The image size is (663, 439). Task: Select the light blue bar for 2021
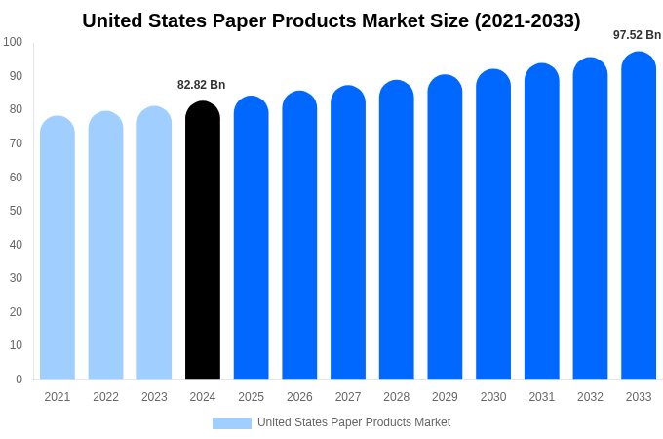click(58, 248)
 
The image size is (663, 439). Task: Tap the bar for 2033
click(639, 216)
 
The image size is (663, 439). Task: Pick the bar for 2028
click(396, 230)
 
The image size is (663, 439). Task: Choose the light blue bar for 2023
click(154, 243)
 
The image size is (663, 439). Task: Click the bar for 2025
click(251, 238)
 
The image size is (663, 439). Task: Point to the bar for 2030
click(493, 224)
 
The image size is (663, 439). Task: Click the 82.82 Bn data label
click(201, 85)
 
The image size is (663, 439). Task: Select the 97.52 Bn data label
click(637, 35)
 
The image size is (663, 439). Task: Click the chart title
click(331, 20)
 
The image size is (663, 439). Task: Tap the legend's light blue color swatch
click(232, 423)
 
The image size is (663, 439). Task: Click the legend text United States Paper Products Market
click(354, 422)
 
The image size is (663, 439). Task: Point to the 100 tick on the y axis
click(13, 42)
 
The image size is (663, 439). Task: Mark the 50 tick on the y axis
click(16, 211)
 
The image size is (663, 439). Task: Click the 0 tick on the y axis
click(19, 379)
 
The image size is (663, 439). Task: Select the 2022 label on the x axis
click(106, 397)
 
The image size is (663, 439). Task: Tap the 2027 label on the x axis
click(348, 397)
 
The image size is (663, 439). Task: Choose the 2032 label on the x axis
click(590, 397)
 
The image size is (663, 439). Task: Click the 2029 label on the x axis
click(445, 397)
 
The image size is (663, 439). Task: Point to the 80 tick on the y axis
click(16, 109)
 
